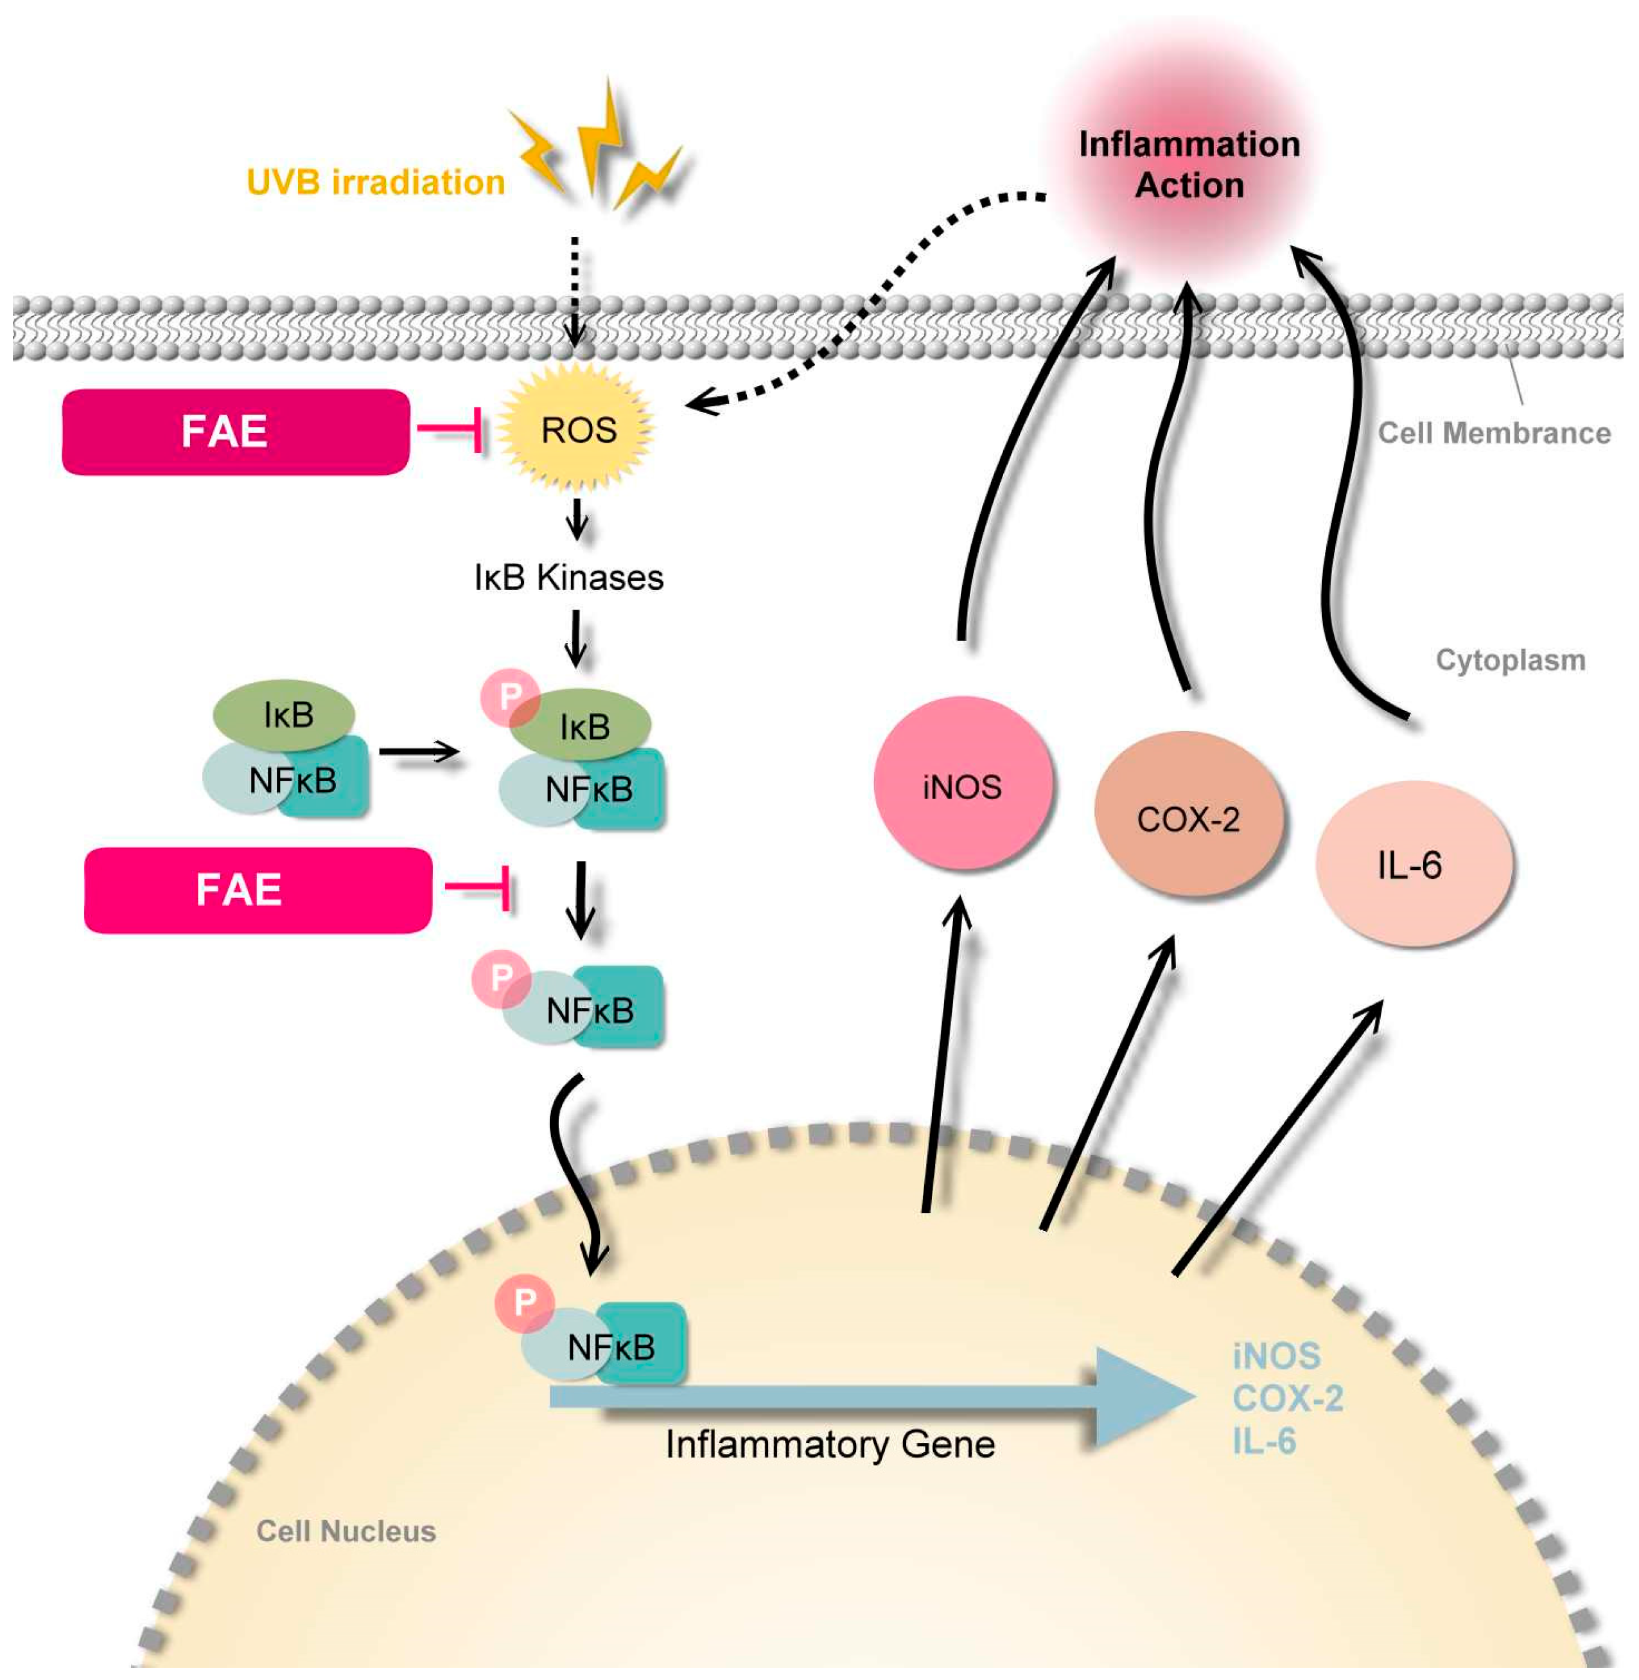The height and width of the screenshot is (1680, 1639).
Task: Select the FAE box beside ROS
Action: click(x=235, y=432)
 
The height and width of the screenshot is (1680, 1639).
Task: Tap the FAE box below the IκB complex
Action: click(x=258, y=890)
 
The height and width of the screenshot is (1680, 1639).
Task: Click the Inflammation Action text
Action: click(x=1189, y=164)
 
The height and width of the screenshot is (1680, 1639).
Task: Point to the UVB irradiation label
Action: click(x=375, y=182)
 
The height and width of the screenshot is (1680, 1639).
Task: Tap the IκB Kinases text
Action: click(x=569, y=578)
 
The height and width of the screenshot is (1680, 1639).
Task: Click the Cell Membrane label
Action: click(x=1493, y=433)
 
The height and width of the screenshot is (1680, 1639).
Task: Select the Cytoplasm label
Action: click(x=1510, y=660)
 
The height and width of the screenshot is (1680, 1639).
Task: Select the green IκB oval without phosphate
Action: click(x=284, y=714)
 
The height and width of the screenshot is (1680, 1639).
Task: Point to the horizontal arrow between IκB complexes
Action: click(x=419, y=752)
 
